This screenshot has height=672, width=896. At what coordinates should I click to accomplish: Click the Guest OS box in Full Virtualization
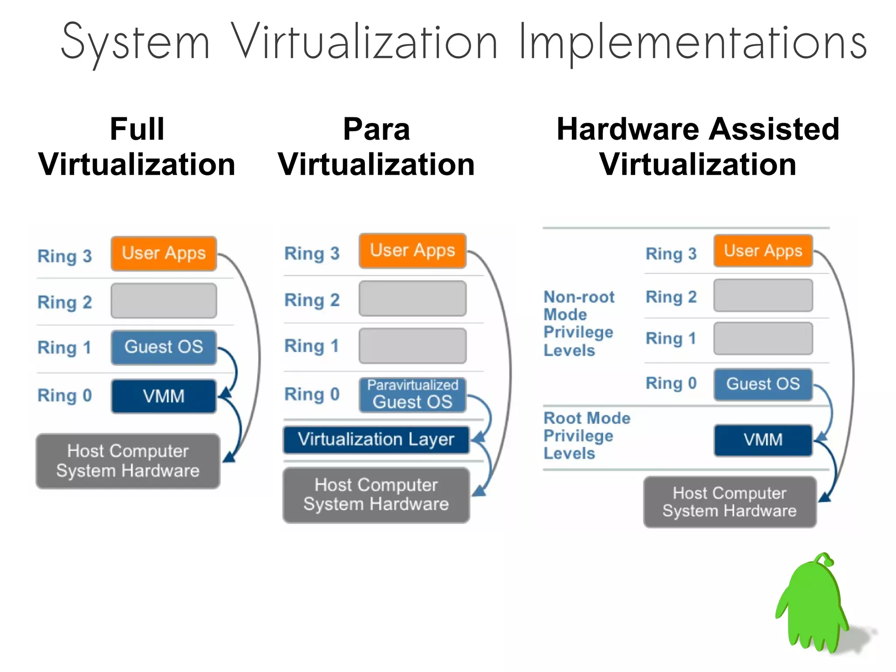(164, 347)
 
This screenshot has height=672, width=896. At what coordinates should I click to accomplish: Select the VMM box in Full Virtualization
(164, 396)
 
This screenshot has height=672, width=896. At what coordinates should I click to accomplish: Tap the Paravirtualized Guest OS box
(412, 394)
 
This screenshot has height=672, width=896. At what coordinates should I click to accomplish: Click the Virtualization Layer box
(376, 440)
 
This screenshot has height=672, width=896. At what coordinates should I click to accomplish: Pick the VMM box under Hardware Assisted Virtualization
(763, 440)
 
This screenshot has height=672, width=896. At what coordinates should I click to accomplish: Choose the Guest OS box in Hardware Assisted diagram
(763, 384)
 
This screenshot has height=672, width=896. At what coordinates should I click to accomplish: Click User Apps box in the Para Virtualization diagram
(412, 251)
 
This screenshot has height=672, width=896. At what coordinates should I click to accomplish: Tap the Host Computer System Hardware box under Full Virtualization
(128, 461)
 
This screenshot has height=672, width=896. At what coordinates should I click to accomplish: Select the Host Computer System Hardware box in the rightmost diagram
(729, 502)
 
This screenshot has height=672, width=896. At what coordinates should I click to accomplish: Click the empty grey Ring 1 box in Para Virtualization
(412, 346)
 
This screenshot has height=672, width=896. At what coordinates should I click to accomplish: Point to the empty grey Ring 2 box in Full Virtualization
(164, 301)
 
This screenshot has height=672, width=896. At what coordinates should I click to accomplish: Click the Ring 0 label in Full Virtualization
(65, 396)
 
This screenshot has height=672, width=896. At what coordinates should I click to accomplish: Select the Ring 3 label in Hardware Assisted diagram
(671, 254)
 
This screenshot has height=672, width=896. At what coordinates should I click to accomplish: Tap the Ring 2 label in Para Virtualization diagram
(312, 300)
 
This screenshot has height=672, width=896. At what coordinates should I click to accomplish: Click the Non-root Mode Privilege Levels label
(578, 324)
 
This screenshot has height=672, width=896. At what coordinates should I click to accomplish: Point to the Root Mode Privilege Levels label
(586, 436)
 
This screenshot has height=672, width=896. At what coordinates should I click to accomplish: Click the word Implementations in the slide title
(693, 43)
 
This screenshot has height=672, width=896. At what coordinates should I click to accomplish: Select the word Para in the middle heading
(376, 129)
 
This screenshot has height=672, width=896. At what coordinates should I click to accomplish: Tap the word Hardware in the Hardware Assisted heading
(628, 129)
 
